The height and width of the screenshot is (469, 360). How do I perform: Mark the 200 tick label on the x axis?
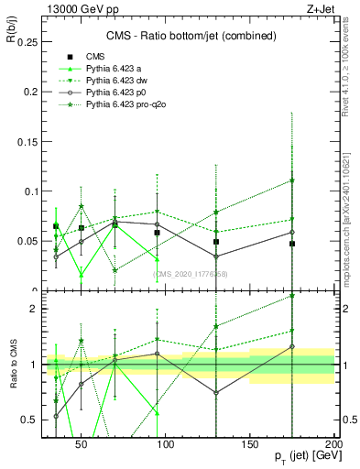[x=333, y=442]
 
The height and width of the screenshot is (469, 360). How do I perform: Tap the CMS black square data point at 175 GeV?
[x=292, y=244]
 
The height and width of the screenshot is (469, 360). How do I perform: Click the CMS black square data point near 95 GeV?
[x=158, y=233]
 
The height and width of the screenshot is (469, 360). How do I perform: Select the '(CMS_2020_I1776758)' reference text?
[x=191, y=273]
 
